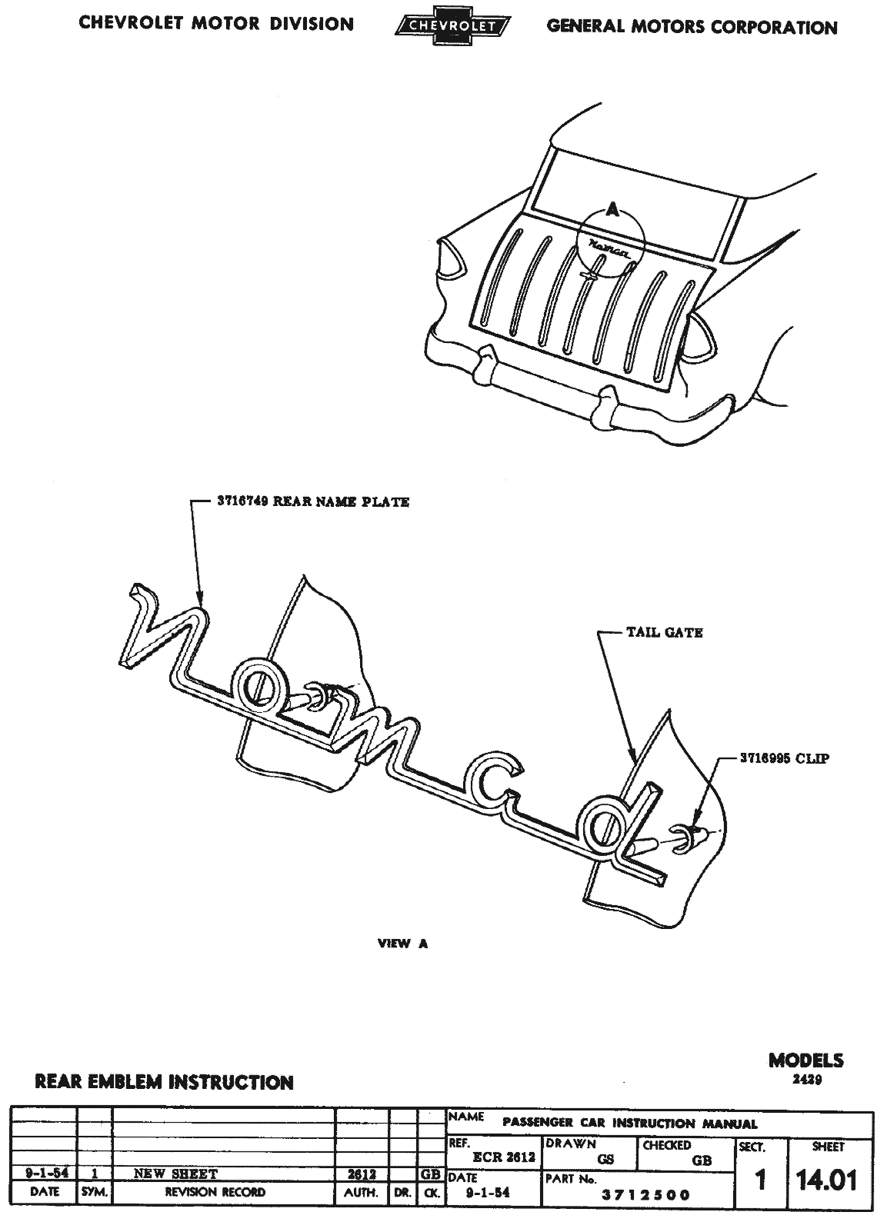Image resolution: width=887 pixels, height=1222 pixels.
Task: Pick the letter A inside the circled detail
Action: pyautogui.click(x=612, y=208)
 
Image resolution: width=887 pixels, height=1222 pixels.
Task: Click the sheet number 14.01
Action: pyautogui.click(x=827, y=1179)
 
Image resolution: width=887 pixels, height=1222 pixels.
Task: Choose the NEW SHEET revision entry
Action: pyautogui.click(x=175, y=1174)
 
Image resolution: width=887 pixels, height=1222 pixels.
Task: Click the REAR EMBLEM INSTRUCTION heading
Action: pyautogui.click(x=164, y=1082)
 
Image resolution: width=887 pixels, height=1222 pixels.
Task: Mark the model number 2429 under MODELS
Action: pyautogui.click(x=806, y=1079)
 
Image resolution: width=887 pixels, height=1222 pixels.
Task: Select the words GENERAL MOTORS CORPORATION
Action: pyautogui.click(x=692, y=27)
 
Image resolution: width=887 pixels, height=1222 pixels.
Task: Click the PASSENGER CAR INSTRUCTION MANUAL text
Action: pyautogui.click(x=629, y=1124)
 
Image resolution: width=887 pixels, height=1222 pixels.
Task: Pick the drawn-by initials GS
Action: pyautogui.click(x=605, y=1160)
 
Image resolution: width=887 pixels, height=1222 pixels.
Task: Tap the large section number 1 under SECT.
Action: pyautogui.click(x=761, y=1180)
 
